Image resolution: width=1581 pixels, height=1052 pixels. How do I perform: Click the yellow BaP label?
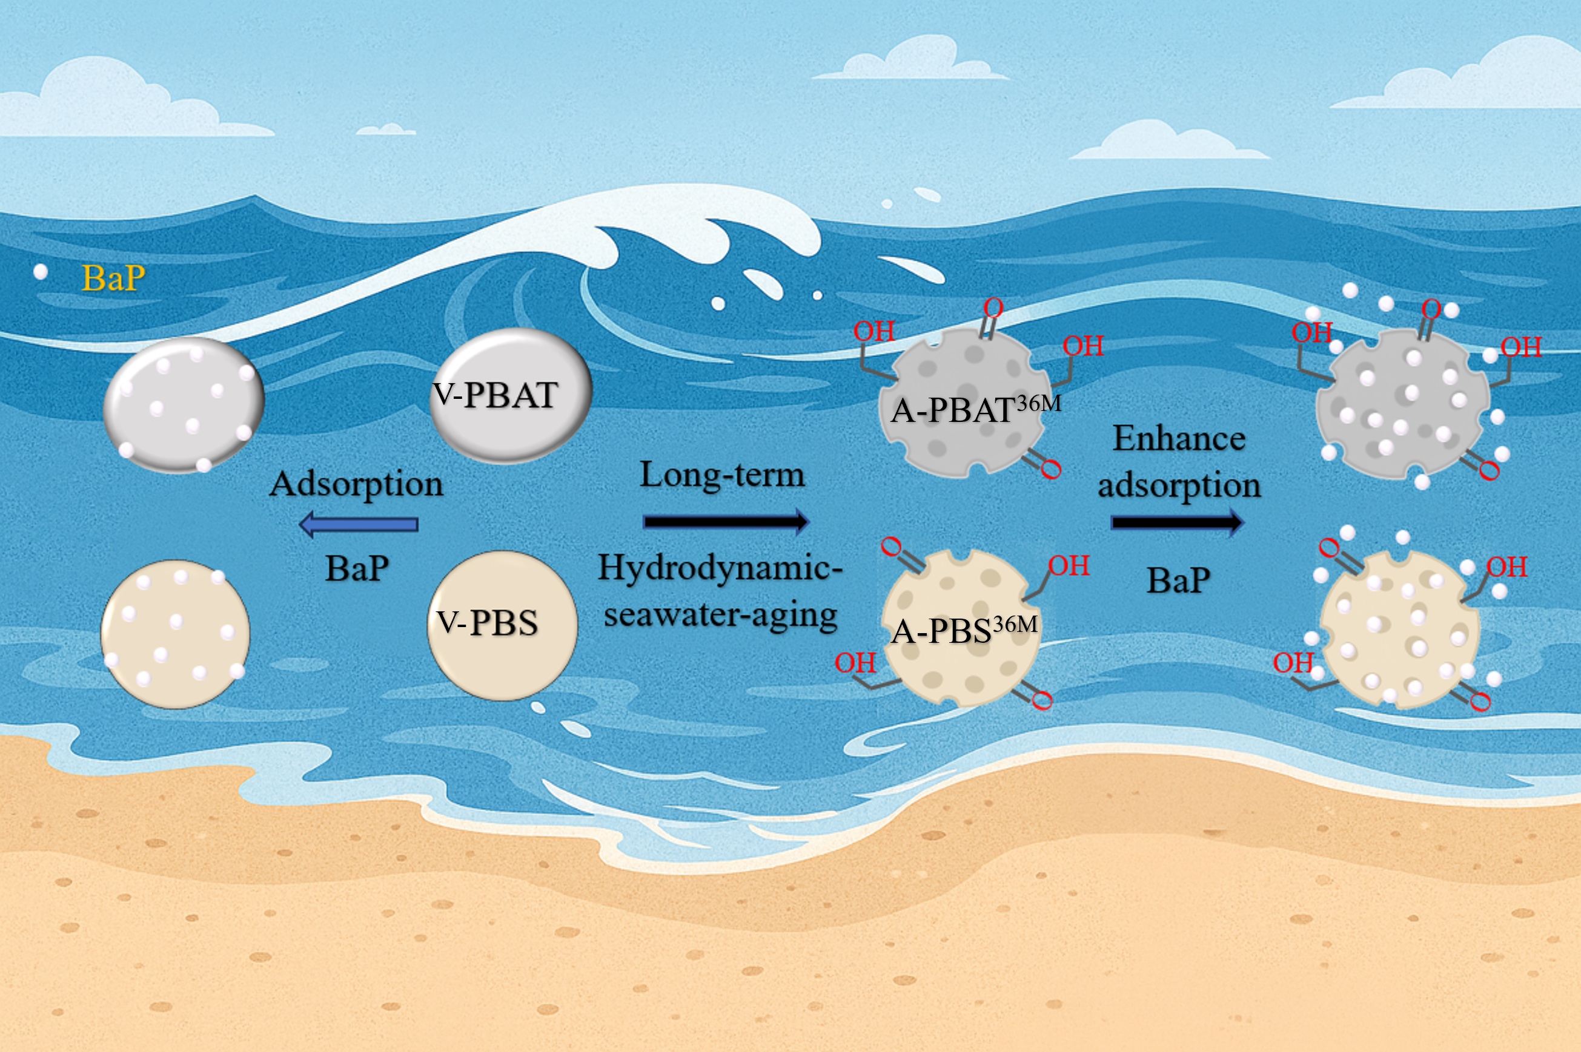click(x=113, y=278)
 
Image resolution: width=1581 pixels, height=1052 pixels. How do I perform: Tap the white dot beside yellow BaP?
click(x=40, y=272)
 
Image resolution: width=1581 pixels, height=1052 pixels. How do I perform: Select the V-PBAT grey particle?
click(x=510, y=396)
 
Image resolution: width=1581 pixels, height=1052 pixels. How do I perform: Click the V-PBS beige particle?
click(x=502, y=625)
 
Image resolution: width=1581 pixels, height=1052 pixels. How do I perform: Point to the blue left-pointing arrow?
click(x=359, y=524)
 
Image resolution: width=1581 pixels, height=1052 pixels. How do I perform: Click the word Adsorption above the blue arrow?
click(x=356, y=484)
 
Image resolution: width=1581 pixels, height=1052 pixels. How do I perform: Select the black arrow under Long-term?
click(x=725, y=521)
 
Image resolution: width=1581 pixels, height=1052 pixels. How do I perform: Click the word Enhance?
click(x=1179, y=439)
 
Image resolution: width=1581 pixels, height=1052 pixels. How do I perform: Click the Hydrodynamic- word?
click(x=720, y=568)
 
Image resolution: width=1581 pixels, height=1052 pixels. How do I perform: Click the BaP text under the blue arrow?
click(x=357, y=569)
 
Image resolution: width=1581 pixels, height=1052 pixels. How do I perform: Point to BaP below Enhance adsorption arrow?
click(x=1178, y=580)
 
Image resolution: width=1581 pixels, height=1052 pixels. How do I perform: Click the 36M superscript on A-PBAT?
click(x=1039, y=403)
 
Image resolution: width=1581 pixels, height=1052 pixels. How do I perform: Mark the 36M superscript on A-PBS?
click(x=1015, y=625)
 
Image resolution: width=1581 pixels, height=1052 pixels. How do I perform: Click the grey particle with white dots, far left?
click(x=184, y=404)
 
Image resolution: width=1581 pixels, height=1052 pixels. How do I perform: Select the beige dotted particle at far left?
click(x=175, y=634)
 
